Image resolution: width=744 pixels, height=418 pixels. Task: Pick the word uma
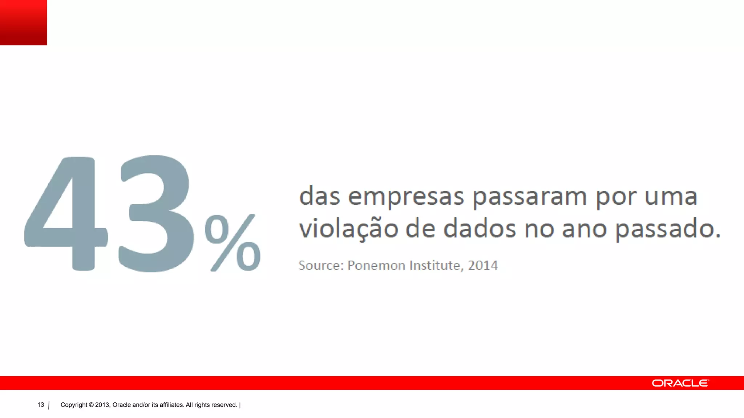(671, 197)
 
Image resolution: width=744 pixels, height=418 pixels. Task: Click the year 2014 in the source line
(483, 266)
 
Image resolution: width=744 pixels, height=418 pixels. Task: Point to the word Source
(320, 266)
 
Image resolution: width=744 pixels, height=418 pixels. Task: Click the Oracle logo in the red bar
(680, 383)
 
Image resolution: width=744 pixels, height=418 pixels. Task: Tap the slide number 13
(41, 405)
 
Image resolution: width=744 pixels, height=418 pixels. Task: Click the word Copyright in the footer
(74, 405)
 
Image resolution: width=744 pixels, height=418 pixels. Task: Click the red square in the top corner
(23, 22)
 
